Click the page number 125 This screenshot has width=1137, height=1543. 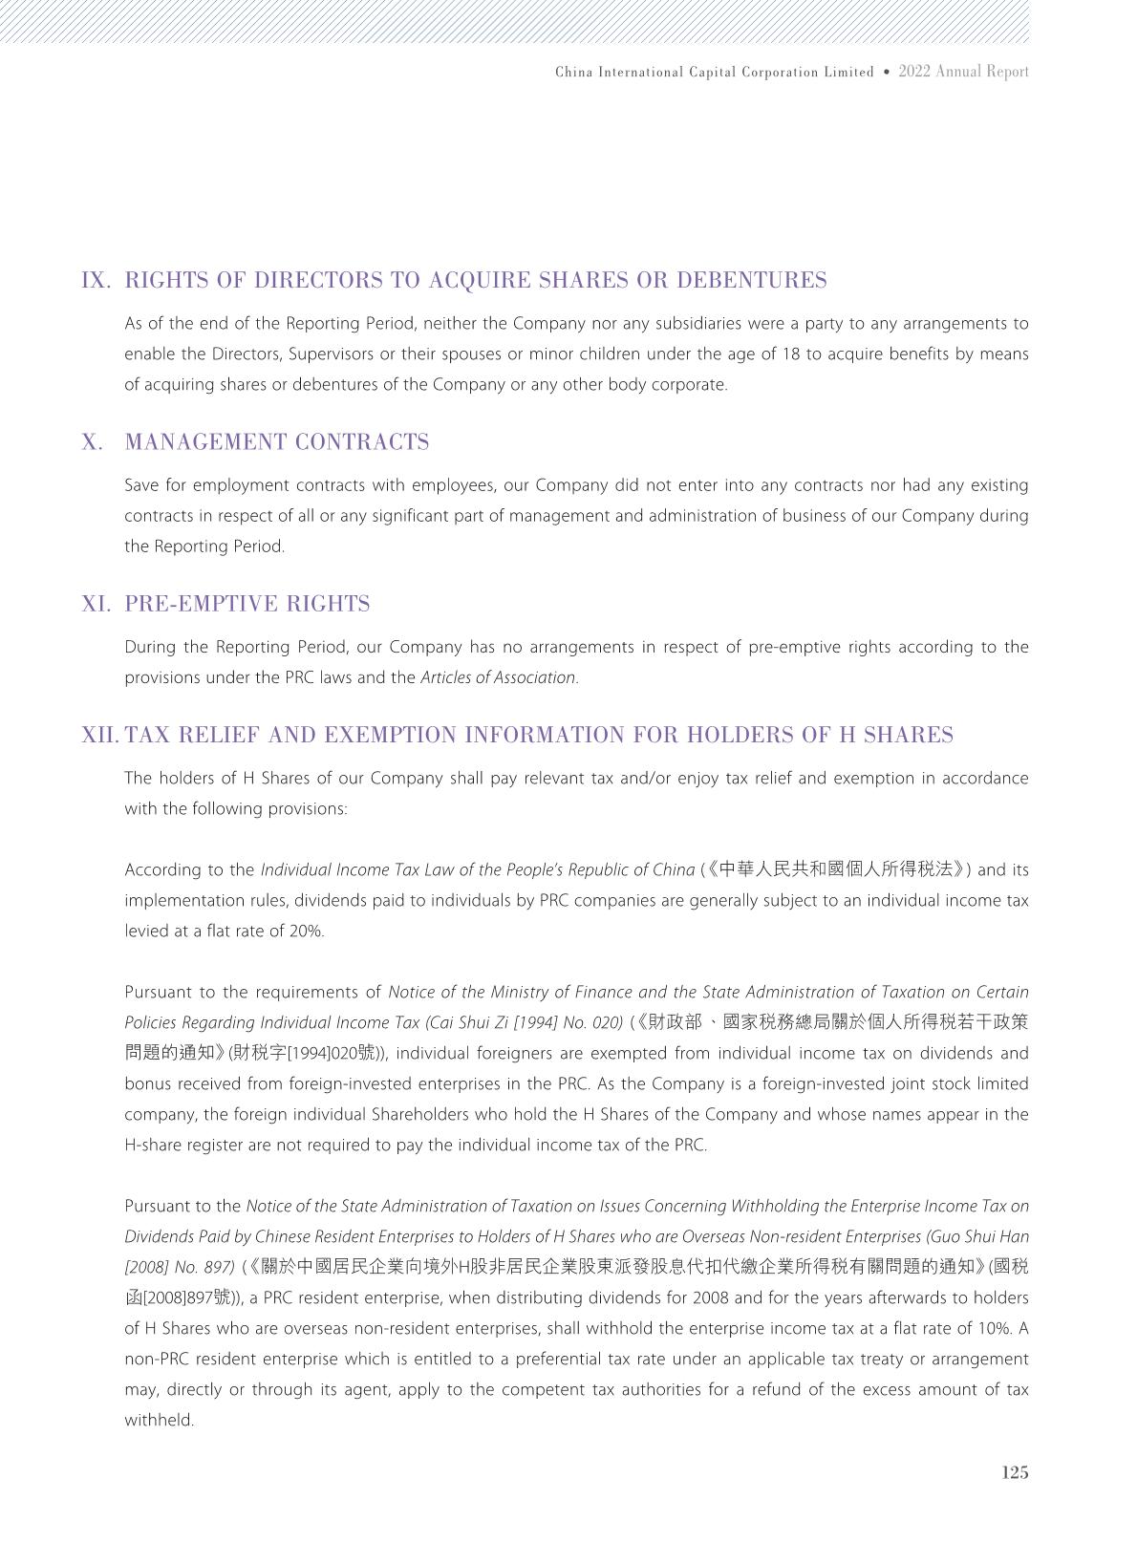(1015, 1472)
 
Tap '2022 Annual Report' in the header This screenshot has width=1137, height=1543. (963, 72)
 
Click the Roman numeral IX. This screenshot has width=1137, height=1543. (97, 281)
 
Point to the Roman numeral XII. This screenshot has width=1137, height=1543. (99, 736)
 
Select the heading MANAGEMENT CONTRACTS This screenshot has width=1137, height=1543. (277, 442)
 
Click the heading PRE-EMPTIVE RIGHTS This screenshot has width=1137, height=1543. (247, 605)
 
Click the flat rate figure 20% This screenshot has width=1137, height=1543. (307, 932)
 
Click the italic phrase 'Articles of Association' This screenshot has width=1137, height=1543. (498, 678)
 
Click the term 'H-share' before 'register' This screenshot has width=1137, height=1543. (151, 1146)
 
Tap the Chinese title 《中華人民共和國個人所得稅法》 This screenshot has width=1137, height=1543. (837, 869)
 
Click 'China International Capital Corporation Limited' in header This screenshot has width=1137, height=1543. (714, 73)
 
